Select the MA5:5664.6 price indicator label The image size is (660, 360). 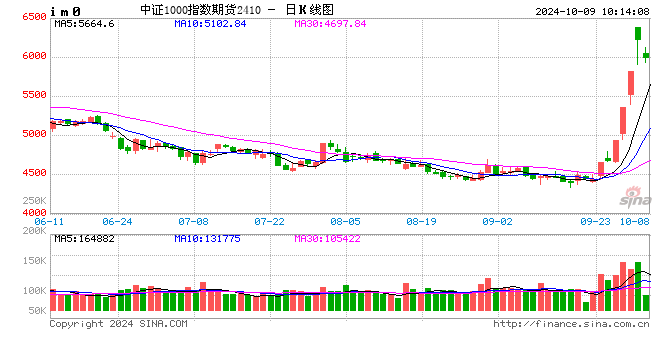85,23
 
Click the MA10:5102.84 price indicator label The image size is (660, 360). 211,23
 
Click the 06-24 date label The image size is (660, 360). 118,221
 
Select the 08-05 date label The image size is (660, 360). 345,221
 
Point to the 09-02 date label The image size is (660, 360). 497,221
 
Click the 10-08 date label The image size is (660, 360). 633,221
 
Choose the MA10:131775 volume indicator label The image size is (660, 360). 211,238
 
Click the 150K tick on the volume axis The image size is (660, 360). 32,260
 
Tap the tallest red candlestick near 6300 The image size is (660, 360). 637,34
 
